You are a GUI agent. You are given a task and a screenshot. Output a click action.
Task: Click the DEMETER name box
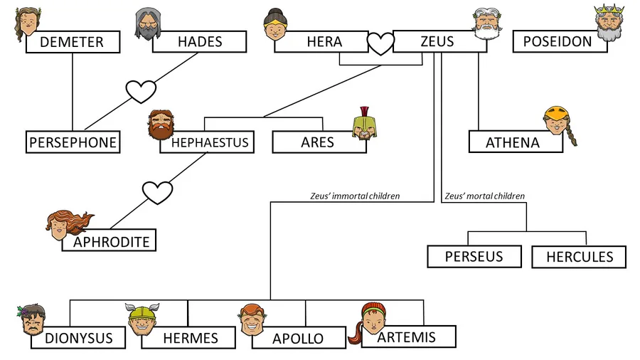(72, 42)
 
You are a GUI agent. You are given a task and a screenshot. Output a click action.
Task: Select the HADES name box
(200, 42)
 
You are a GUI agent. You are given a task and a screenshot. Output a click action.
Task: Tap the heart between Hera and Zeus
(380, 44)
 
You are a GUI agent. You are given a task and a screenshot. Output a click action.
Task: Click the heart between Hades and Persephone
(141, 91)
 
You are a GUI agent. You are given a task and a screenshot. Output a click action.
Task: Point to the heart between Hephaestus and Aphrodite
(157, 192)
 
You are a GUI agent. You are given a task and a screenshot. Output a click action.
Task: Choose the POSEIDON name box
(560, 41)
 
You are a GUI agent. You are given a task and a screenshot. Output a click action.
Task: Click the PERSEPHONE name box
(72, 142)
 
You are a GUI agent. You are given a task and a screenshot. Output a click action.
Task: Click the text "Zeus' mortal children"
(484, 196)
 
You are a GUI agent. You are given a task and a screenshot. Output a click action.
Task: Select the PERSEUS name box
(474, 256)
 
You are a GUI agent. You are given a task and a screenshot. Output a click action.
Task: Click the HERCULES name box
(579, 257)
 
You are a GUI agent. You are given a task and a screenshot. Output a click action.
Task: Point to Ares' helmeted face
(365, 125)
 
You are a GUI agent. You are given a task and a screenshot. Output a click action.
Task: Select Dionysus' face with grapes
(32, 320)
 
